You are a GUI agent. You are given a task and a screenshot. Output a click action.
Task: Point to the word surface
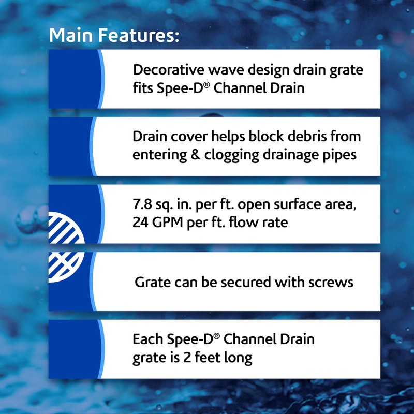click(x=293, y=204)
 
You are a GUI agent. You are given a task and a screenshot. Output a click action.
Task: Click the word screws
click(x=330, y=282)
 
